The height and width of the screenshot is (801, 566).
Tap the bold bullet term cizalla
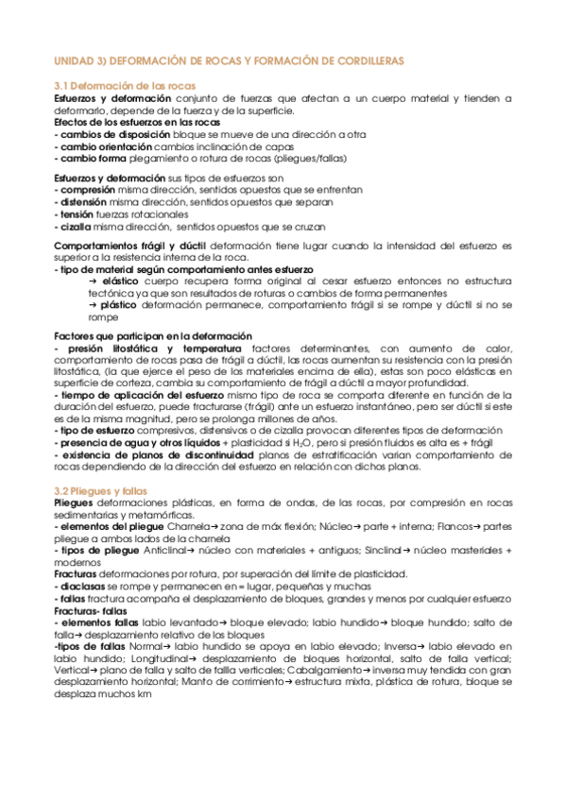tap(74, 227)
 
